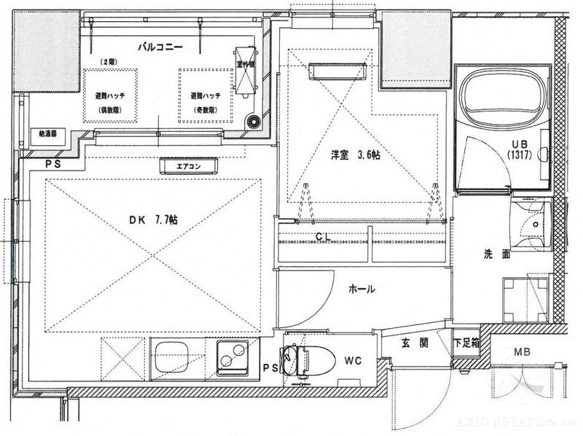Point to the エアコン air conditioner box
pyautogui.click(x=189, y=167)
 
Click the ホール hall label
pyautogui.click(x=361, y=289)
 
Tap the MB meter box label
pyautogui.click(x=522, y=353)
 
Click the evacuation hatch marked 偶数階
pyautogui.click(x=111, y=96)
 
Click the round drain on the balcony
pyautogui.click(x=253, y=122)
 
